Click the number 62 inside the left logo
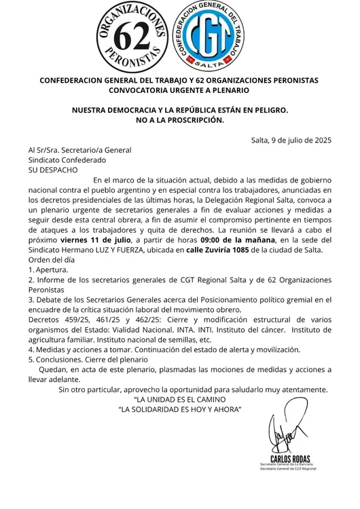coord(133,39)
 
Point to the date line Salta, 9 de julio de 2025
coord(291,140)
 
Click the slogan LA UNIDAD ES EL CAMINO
coord(179,400)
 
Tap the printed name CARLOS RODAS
coord(291,460)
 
